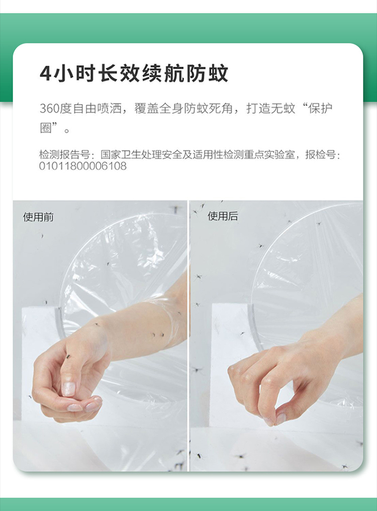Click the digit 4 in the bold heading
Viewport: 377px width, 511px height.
click(x=45, y=73)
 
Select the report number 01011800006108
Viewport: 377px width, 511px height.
click(x=83, y=166)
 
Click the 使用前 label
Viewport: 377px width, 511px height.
click(x=38, y=217)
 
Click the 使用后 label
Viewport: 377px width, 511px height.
click(x=223, y=216)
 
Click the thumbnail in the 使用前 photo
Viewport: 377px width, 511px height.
click(x=68, y=388)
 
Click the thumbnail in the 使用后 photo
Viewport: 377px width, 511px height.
click(x=280, y=419)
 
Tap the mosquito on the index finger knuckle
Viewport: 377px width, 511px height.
click(x=68, y=356)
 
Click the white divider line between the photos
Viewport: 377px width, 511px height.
click(x=188, y=336)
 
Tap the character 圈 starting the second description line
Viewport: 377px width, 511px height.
click(x=46, y=128)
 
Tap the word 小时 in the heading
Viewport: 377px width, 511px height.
click(x=75, y=73)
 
